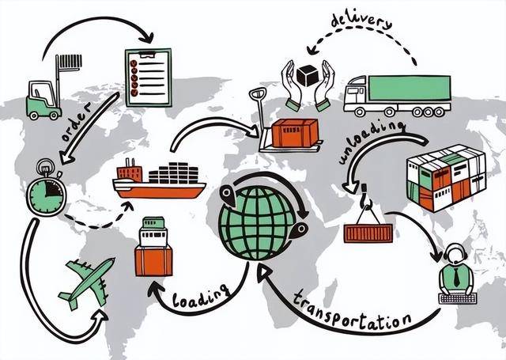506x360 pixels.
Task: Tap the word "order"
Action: click(x=77, y=123)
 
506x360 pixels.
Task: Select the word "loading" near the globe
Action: click(x=201, y=296)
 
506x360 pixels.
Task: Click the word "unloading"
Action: click(x=371, y=142)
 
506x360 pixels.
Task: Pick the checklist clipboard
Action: click(x=148, y=78)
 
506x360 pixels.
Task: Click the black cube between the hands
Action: click(x=308, y=75)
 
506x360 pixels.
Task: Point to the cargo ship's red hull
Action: click(x=160, y=191)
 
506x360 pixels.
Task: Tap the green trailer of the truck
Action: click(x=410, y=88)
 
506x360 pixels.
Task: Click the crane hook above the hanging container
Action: click(x=365, y=197)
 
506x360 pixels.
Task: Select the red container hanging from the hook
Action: click(x=368, y=233)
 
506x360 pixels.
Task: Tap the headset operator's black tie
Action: click(x=456, y=276)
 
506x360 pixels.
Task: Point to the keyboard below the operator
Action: click(x=458, y=298)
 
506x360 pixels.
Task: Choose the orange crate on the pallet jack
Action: click(x=295, y=132)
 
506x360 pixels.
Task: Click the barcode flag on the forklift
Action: click(x=70, y=61)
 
